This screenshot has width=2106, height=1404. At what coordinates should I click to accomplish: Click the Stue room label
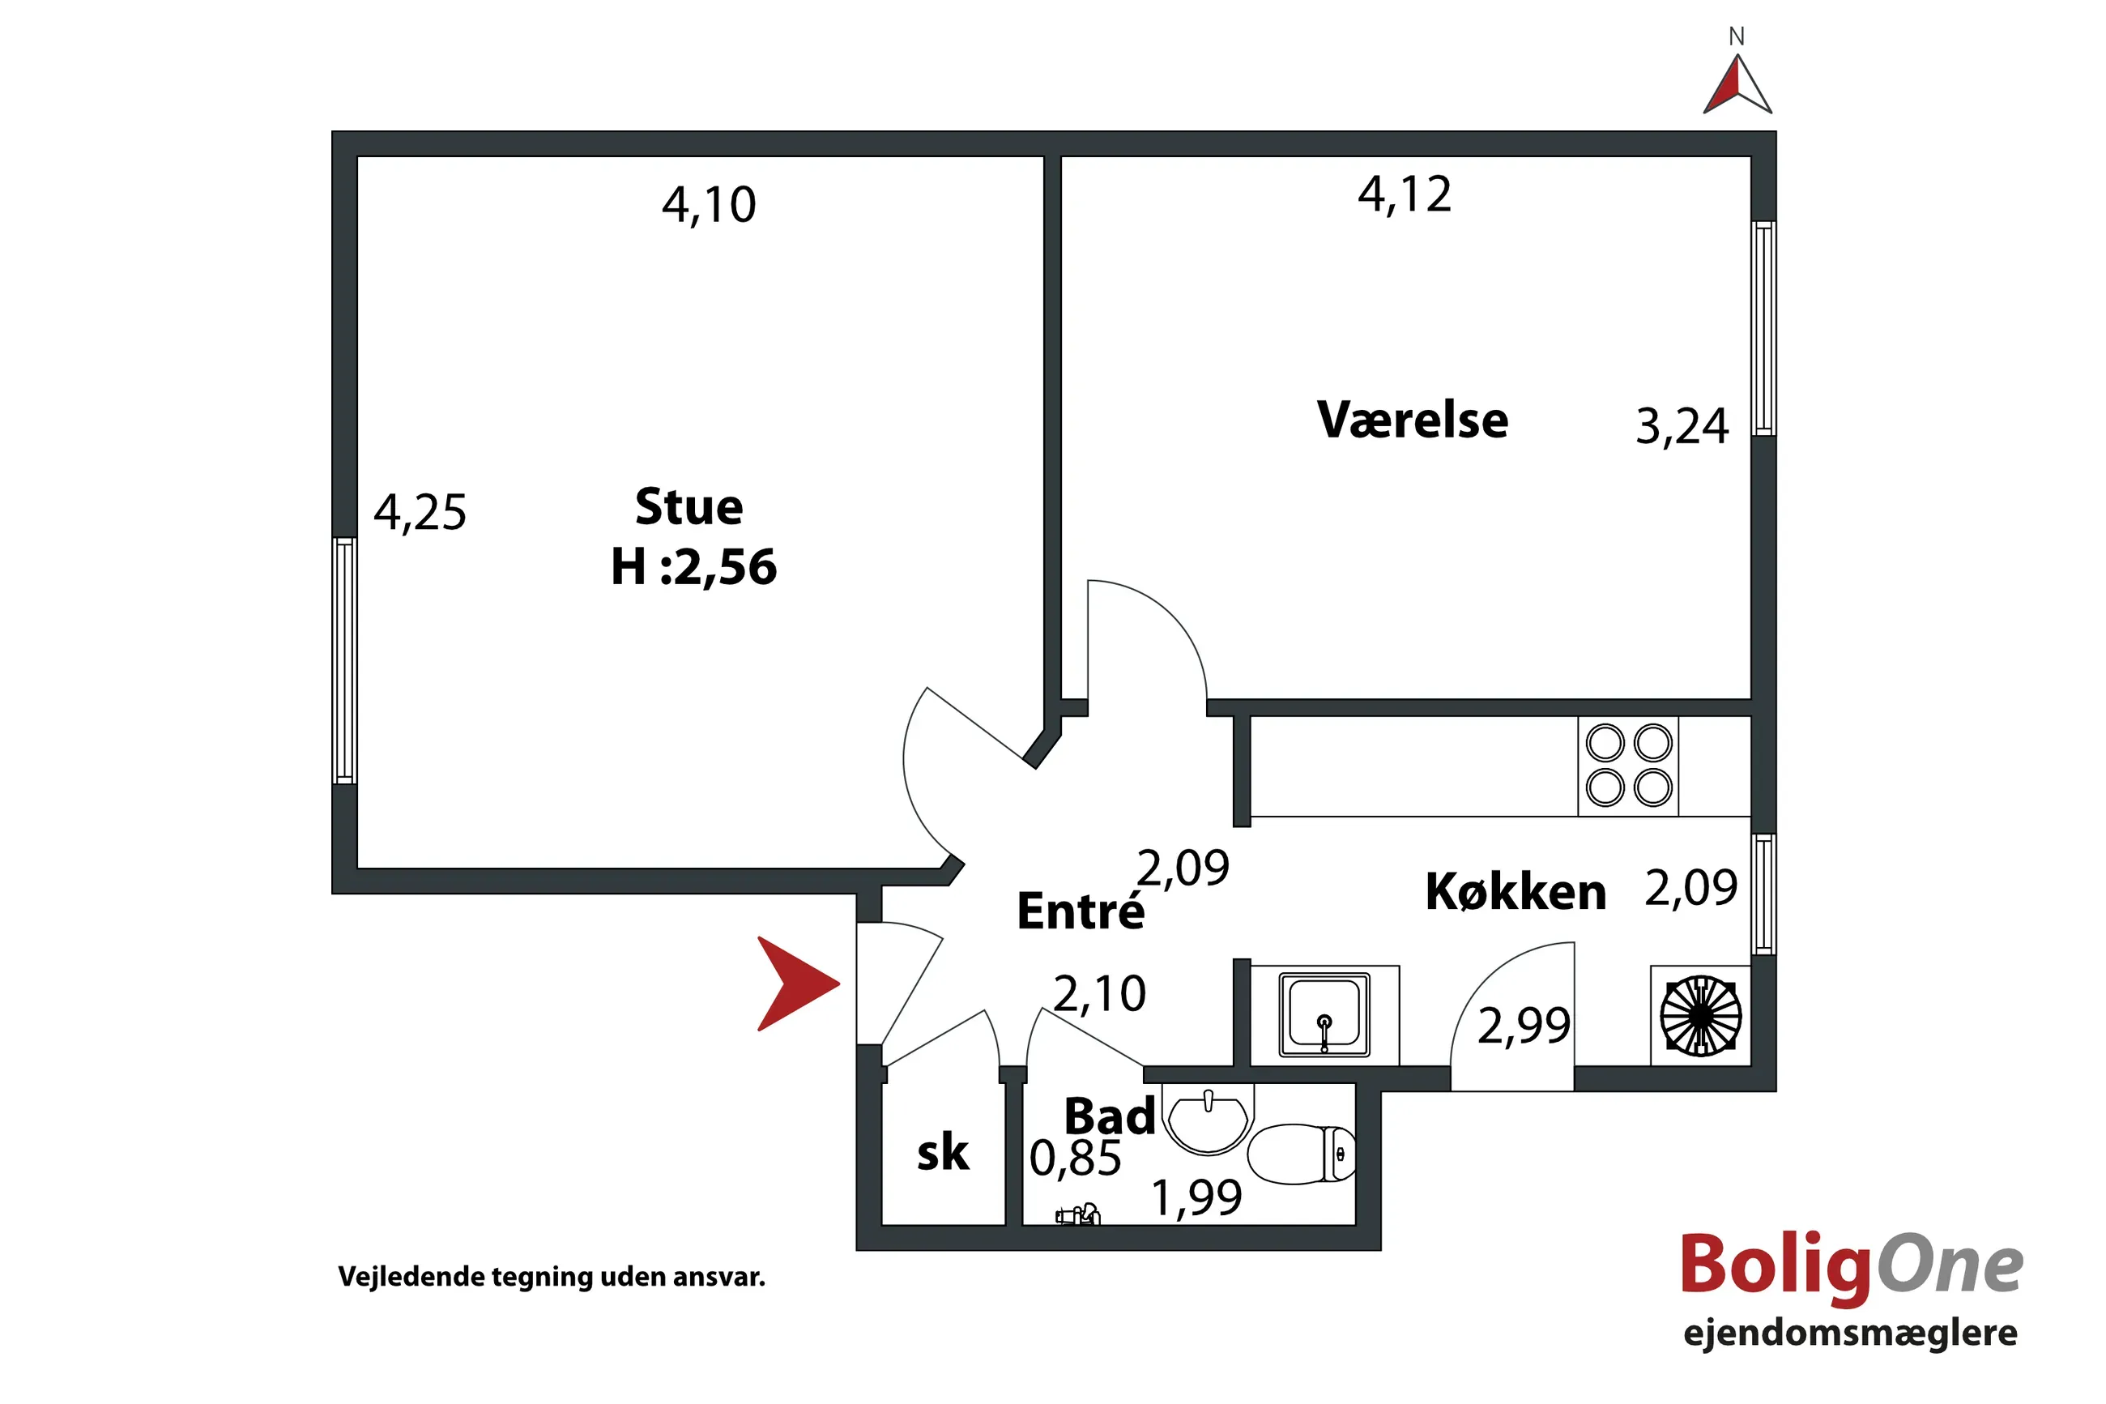point(688,507)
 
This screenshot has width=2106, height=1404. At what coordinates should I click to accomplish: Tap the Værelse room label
point(1413,419)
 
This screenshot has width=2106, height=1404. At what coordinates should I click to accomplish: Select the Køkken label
point(1516,892)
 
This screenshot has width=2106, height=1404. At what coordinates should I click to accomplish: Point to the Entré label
point(1081,911)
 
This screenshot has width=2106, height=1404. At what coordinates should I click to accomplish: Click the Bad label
point(1109,1116)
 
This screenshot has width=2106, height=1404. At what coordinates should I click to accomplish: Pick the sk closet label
point(943,1152)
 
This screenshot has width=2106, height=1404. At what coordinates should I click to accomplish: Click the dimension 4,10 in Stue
point(709,205)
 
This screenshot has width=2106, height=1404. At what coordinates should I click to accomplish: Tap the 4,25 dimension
point(420,513)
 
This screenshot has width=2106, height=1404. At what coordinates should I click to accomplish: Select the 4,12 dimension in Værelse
point(1405,194)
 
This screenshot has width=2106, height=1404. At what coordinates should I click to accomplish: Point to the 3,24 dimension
point(1682,426)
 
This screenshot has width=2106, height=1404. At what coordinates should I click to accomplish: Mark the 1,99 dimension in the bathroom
point(1196,1198)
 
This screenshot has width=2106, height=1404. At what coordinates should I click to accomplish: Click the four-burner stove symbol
point(1628,766)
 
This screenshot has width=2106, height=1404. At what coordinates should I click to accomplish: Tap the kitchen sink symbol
point(1324,1014)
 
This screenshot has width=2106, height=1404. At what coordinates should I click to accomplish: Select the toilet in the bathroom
point(1302,1154)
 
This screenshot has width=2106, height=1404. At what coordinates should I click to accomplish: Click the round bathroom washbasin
point(1209,1120)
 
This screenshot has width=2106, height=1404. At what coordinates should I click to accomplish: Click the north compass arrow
point(1737,85)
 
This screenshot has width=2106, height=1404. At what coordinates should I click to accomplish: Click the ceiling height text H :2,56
point(693,567)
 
